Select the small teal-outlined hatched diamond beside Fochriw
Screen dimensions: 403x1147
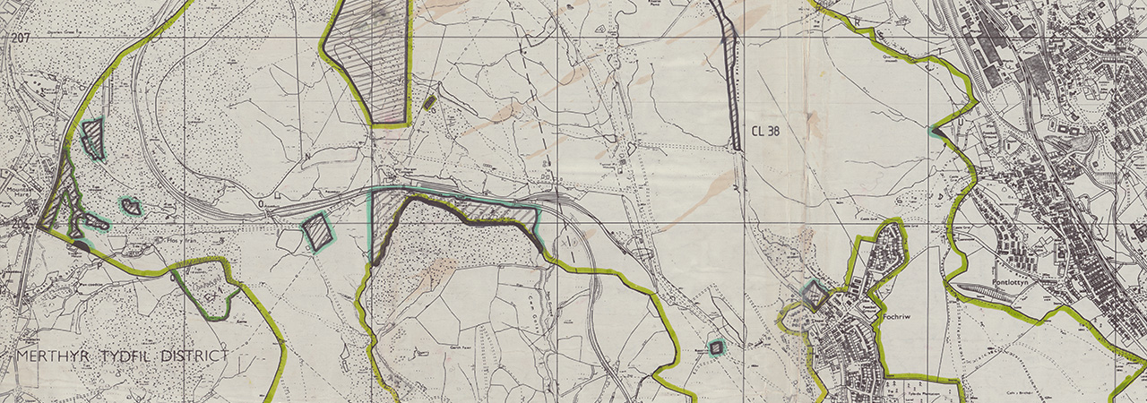[814, 295]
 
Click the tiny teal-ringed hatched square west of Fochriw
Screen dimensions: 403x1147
[717, 347]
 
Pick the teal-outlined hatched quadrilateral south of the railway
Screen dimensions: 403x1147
[316, 231]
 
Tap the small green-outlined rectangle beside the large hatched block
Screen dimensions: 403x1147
[430, 102]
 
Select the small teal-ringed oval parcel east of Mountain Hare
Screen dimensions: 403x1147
[131, 207]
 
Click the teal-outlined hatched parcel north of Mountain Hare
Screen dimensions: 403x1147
[92, 138]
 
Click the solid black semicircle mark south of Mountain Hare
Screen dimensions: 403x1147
[81, 244]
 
